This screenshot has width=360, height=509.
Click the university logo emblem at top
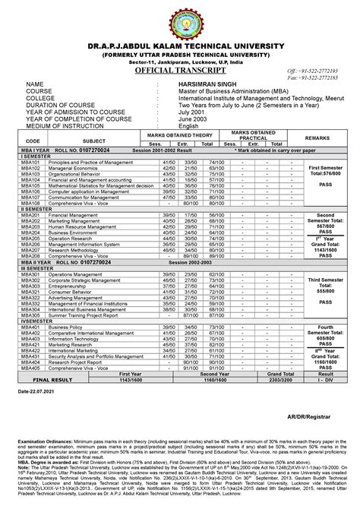coord(180,23)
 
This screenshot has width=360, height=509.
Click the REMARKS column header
coord(317,138)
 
